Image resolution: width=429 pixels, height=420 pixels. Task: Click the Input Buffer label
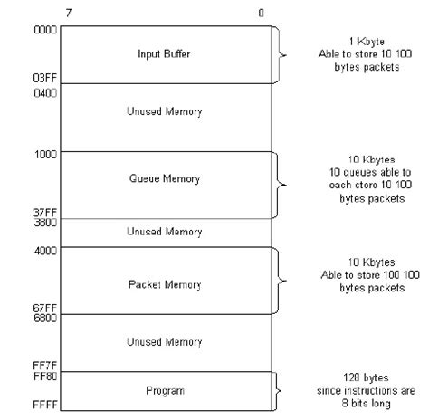[x=164, y=54]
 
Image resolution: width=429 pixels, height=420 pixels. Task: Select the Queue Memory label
[x=164, y=178]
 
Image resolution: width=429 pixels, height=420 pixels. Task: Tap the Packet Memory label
[x=164, y=284]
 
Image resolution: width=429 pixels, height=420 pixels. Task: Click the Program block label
[x=164, y=390]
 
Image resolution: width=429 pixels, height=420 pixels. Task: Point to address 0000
[x=46, y=30]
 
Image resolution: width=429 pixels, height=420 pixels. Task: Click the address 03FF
[x=46, y=78]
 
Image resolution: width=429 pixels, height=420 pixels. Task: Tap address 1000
[x=46, y=154]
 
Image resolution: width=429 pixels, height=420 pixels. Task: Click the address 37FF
[x=46, y=212]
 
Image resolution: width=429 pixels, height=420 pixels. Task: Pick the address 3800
[x=46, y=222]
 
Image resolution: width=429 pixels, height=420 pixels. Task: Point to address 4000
[x=46, y=251]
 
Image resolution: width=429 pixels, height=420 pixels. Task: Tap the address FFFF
[x=46, y=408]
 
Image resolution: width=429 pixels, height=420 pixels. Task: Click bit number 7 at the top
[x=69, y=14]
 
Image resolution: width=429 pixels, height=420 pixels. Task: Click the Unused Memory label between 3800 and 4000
[x=164, y=232]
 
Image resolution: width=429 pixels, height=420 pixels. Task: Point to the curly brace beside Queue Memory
[x=282, y=184]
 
